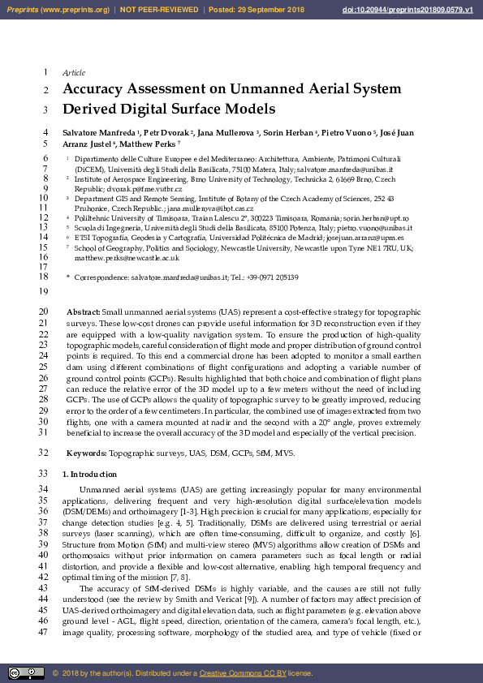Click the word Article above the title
(74, 73)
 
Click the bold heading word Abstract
(83, 311)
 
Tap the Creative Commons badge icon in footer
(26, 672)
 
